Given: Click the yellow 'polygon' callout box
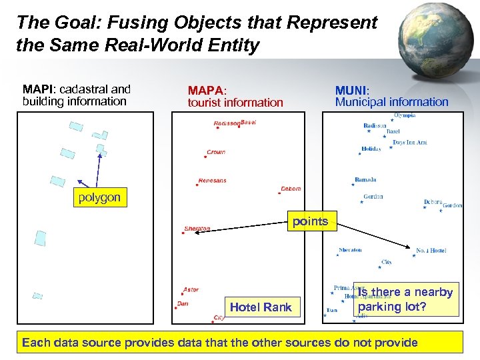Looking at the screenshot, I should click(x=99, y=197).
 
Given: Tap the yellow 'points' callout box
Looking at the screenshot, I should click(x=310, y=221).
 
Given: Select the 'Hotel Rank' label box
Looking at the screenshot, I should click(x=261, y=307).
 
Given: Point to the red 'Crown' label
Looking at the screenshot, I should click(x=216, y=152).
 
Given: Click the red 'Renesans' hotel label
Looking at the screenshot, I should click(x=213, y=180).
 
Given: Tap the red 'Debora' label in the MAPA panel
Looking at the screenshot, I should click(x=291, y=189).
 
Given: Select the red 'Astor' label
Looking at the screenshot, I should click(x=191, y=289).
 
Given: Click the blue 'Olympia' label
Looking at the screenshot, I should click(x=405, y=115).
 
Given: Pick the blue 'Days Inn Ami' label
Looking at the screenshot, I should click(x=410, y=142).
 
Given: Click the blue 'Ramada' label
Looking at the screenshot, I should click(x=365, y=179).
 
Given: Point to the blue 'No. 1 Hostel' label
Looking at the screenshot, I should click(x=431, y=251).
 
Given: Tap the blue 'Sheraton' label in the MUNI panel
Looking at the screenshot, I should click(x=350, y=250).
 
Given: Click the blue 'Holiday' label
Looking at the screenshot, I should click(x=371, y=149).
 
